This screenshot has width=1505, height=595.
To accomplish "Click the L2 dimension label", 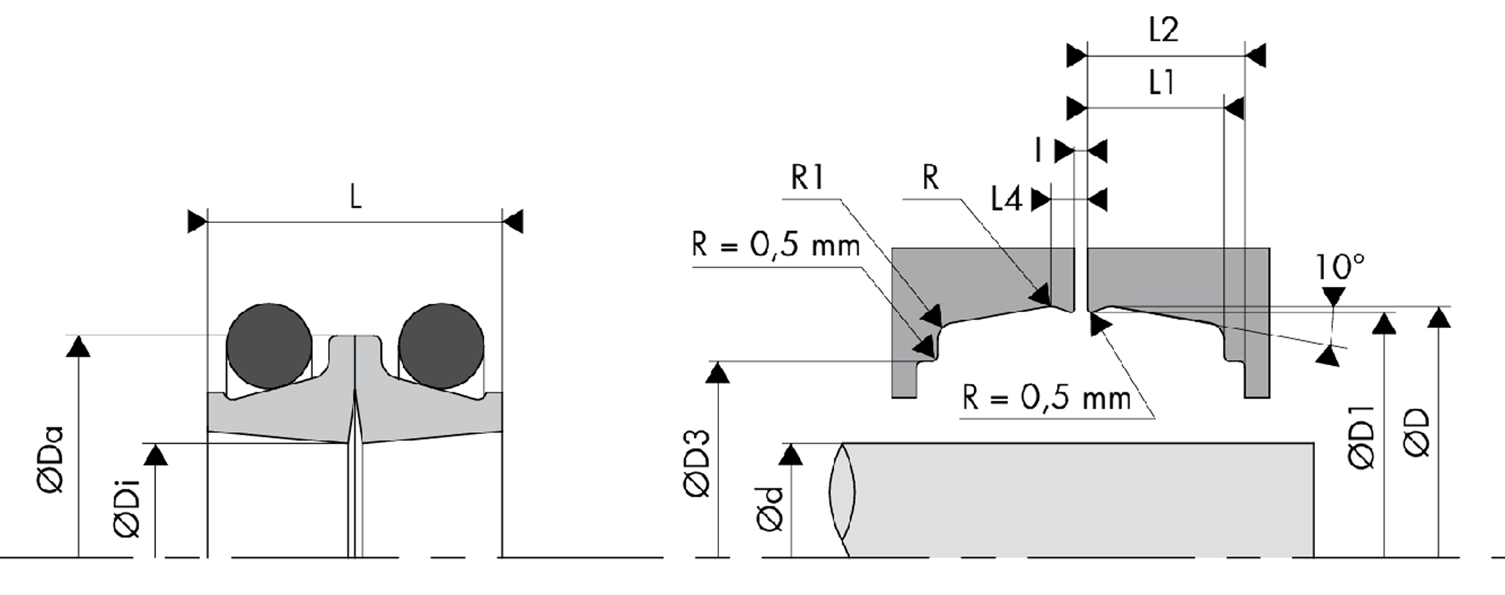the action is (1163, 30).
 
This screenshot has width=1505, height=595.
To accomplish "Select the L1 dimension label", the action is (1161, 83).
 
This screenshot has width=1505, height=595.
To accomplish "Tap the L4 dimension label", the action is (1006, 200).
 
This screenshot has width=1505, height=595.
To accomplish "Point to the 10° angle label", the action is (1339, 266).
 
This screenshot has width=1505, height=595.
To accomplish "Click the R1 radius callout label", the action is (807, 178).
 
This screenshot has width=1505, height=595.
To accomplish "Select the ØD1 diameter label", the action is (1362, 437).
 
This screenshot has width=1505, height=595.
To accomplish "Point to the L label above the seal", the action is (355, 198).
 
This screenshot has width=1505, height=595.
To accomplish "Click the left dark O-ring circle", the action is (269, 346).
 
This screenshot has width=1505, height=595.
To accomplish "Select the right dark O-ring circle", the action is (441, 346).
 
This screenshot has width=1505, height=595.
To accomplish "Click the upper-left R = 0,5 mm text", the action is (775, 245).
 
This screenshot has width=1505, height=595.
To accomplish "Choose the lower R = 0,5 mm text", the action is (1047, 398).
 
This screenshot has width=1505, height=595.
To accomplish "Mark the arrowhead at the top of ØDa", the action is (78, 346).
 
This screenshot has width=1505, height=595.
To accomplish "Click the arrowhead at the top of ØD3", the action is (718, 373).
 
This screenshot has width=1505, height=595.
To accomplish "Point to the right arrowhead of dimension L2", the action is (1256, 55).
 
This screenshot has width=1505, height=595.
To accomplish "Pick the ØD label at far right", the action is (1417, 433).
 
